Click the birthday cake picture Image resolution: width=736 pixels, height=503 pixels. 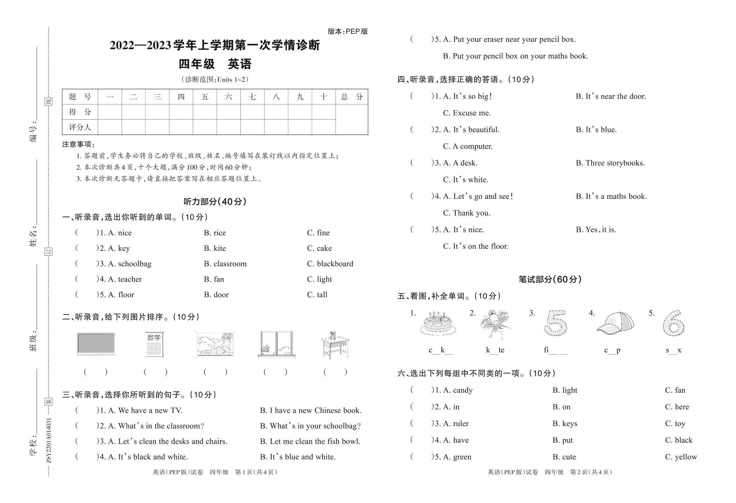point(438,323)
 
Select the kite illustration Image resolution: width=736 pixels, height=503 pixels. point(495,323)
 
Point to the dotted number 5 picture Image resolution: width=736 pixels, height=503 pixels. point(556,323)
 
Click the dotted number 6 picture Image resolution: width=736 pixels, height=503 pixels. point(673,323)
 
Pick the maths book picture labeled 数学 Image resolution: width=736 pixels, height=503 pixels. point(154,344)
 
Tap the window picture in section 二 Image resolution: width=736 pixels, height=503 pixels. point(276,344)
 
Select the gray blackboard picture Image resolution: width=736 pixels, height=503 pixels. point(96,344)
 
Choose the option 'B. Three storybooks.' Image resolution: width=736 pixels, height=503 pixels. point(610,163)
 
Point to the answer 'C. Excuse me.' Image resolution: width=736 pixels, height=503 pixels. point(467,113)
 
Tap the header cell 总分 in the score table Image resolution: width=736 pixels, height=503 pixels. point(352,97)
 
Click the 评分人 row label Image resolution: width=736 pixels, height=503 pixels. point(80,127)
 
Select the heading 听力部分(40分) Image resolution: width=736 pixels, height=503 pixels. point(215,202)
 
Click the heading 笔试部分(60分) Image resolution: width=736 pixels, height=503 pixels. point(550,279)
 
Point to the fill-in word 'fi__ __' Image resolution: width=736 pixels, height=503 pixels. point(555,350)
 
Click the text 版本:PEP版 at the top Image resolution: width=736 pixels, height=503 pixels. point(348,31)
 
